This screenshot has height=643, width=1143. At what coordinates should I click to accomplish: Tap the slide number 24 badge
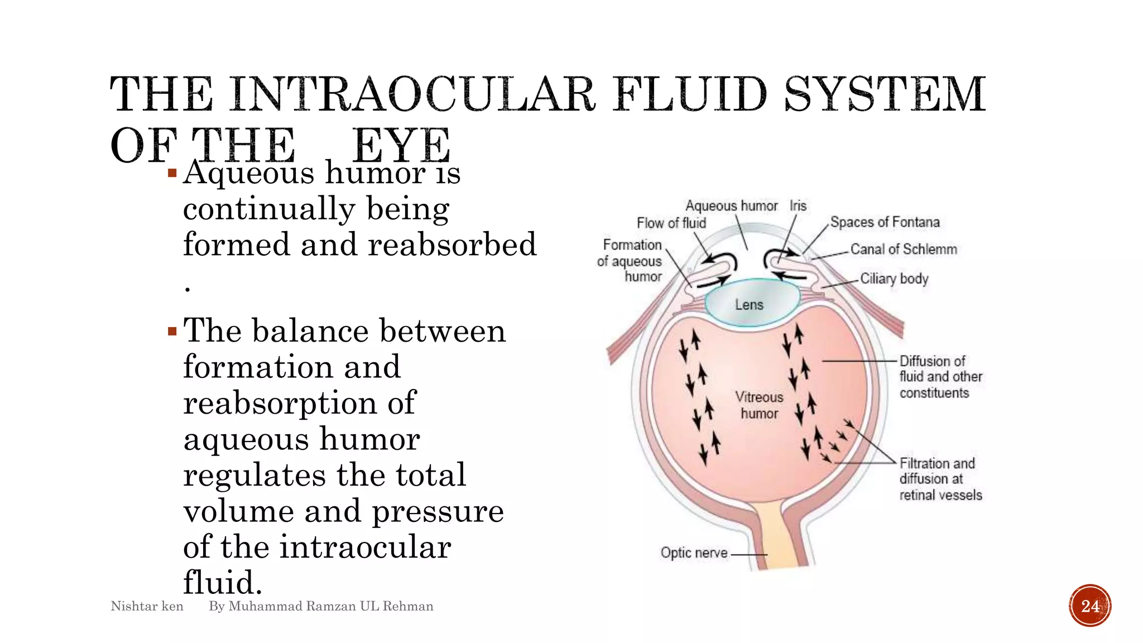tap(1090, 606)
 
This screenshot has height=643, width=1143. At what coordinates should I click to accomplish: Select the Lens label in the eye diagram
tap(749, 305)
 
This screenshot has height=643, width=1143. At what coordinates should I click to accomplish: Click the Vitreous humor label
tap(759, 405)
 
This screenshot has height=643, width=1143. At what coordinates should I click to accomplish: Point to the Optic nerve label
tap(694, 553)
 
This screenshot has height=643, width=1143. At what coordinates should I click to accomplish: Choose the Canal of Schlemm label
tap(904, 249)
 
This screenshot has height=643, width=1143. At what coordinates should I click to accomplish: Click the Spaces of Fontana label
tap(885, 222)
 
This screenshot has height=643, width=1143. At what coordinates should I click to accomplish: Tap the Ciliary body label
tap(894, 279)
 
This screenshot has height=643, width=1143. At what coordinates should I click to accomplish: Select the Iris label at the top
tap(798, 206)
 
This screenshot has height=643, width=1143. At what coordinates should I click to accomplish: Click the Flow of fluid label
tap(671, 223)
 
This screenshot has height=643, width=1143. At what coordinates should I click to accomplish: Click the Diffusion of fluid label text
tap(940, 377)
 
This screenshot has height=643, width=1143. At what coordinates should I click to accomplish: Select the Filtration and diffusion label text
tap(940, 479)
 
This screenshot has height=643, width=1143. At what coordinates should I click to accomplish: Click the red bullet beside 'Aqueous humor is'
tap(172, 174)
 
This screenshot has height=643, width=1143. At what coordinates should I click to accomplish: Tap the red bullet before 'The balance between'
tap(172, 332)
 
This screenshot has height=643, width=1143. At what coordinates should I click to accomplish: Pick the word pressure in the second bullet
tap(438, 511)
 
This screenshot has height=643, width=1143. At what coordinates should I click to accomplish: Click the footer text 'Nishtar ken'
tap(147, 606)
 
